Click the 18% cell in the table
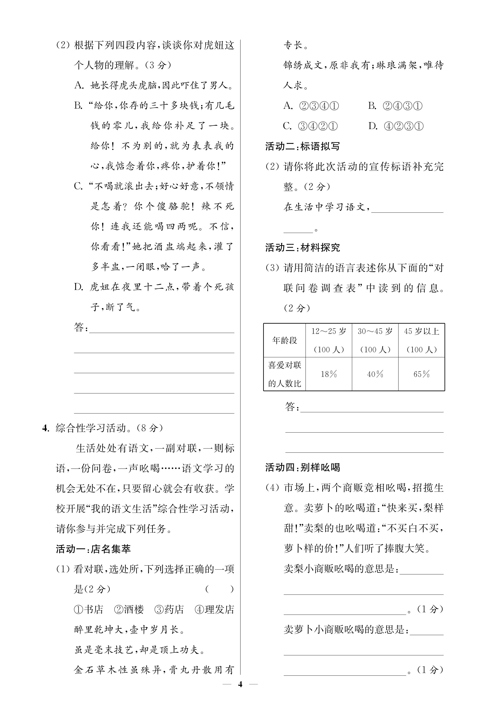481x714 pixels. pos(329,374)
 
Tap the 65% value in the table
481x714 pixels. pos(421,374)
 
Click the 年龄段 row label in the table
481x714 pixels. pos(285,340)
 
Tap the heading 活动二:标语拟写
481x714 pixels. pos(302,146)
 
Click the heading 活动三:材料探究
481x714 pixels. pos(302,248)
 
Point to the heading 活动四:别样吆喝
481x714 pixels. pos(302,467)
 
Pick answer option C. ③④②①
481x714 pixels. pos(310,126)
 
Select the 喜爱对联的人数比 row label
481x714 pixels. pos(285,374)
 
